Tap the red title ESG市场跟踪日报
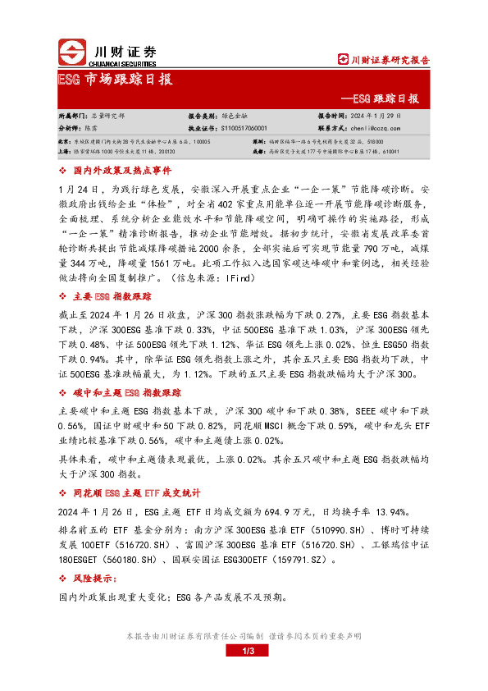point(116,79)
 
